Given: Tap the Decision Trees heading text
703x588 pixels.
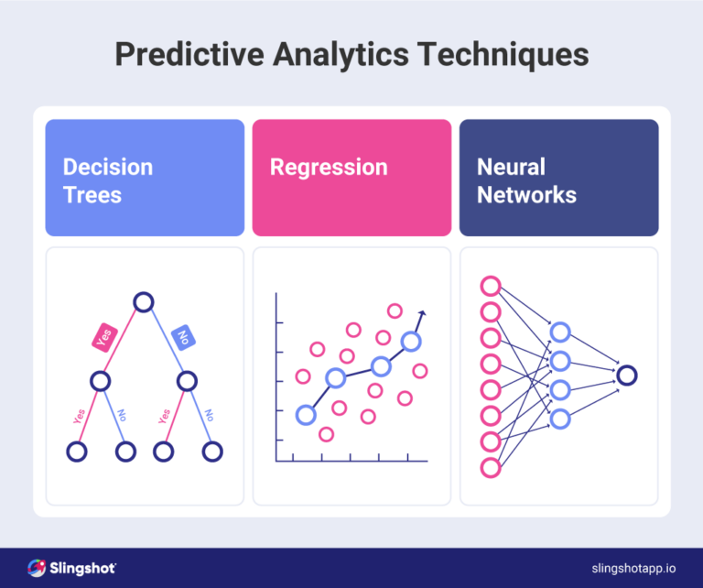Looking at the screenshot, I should (107, 180).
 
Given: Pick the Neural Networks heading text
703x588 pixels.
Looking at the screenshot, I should (526, 180).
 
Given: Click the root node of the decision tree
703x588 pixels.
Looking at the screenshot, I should (144, 301).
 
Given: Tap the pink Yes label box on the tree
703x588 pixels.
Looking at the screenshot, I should (104, 337).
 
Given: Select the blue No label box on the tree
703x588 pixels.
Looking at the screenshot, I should (181, 336).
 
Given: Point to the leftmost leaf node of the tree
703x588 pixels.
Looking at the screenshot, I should (77, 452).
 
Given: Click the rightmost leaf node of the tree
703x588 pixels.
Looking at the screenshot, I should (212, 452).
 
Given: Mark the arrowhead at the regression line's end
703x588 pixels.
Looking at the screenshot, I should (422, 314).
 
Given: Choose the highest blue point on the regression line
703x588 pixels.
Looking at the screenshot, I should (411, 342).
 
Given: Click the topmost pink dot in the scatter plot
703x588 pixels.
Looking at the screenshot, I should (395, 310).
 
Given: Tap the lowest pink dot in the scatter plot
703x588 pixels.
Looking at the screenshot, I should (326, 434).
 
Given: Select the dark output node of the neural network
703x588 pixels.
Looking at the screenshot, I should (627, 375).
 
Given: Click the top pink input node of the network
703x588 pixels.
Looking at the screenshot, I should (491, 285).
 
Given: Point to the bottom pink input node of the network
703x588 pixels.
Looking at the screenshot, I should (491, 468).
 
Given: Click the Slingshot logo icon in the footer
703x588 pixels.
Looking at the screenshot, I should (37, 568).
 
